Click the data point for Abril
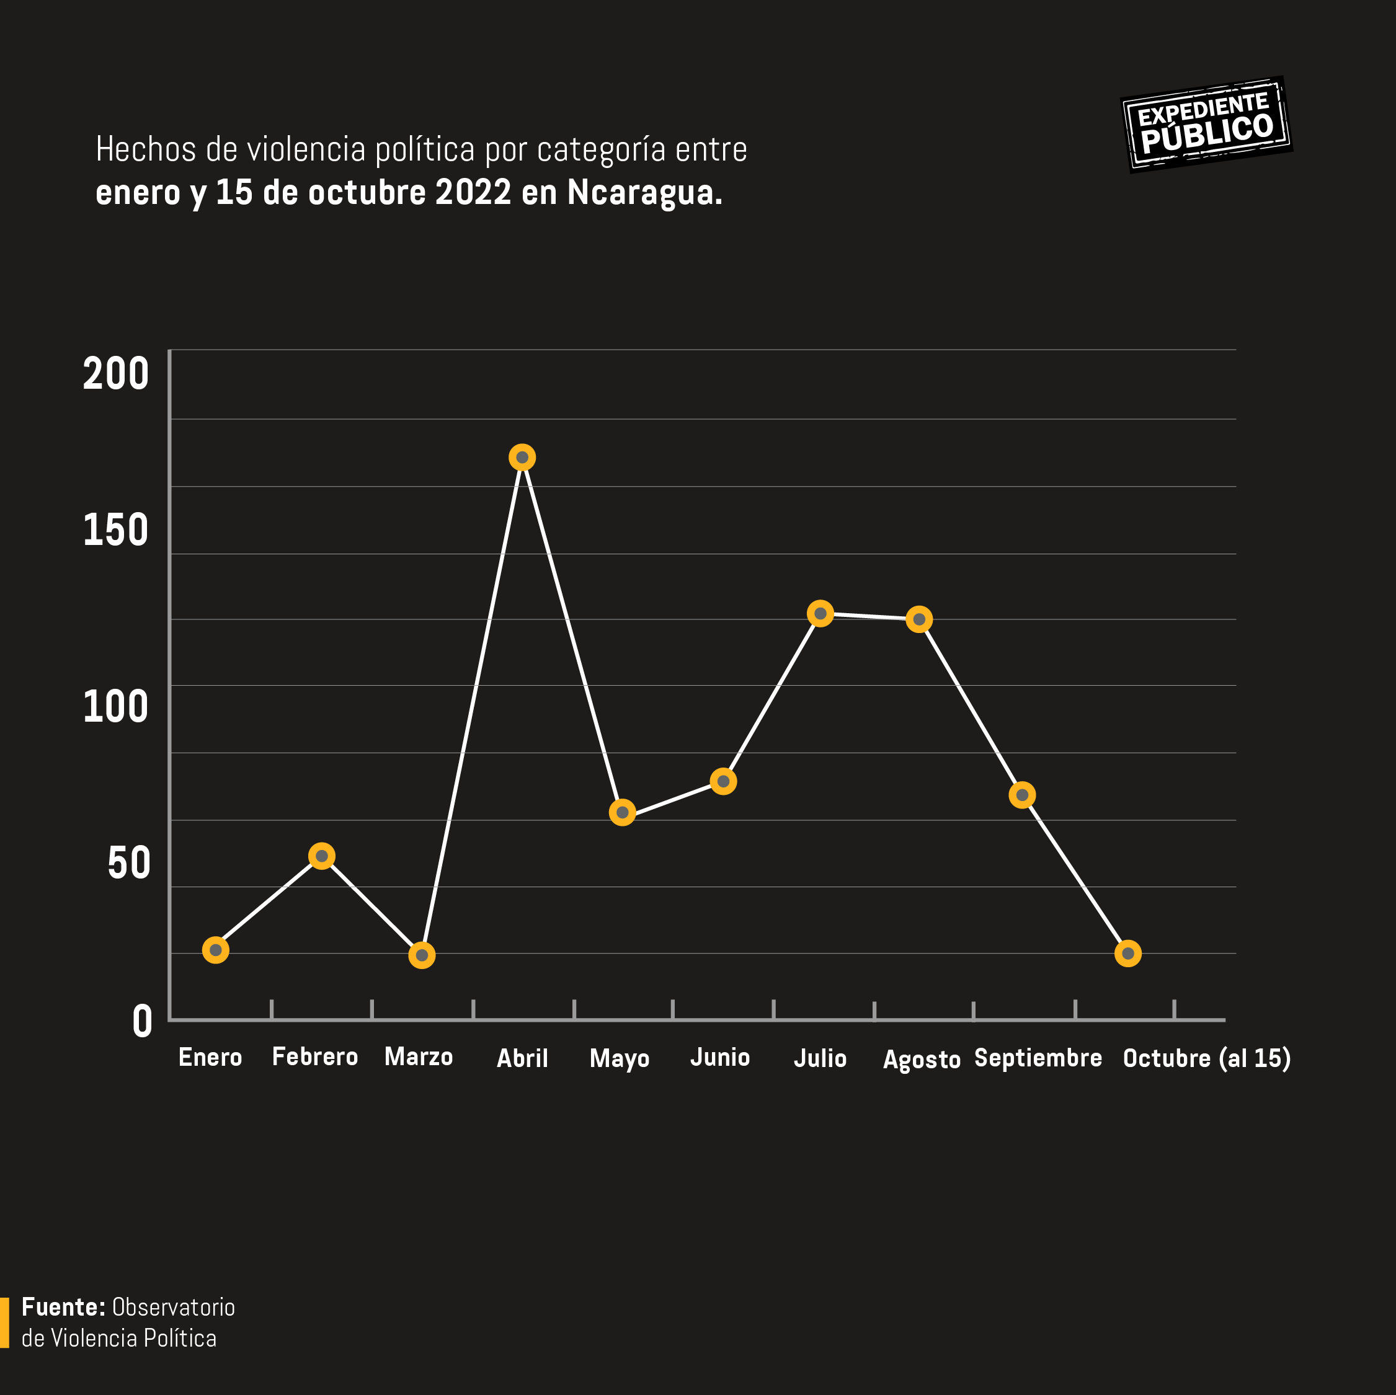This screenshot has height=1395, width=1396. (522, 458)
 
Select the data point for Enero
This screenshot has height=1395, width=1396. (215, 950)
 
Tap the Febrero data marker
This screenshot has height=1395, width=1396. (321, 856)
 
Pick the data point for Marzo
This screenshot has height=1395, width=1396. (422, 955)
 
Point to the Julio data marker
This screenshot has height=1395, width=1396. (820, 614)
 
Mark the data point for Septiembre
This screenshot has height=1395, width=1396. (1021, 795)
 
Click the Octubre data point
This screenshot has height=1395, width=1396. (1128, 954)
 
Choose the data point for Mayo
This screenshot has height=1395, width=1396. (622, 813)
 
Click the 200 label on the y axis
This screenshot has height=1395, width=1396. (115, 374)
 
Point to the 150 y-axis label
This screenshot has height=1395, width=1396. (115, 530)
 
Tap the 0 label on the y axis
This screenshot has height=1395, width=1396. (143, 1022)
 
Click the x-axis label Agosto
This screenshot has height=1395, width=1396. (922, 1060)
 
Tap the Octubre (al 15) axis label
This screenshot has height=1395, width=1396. (1206, 1058)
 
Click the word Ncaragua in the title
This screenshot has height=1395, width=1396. (644, 193)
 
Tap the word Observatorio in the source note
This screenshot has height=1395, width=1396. (174, 1307)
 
